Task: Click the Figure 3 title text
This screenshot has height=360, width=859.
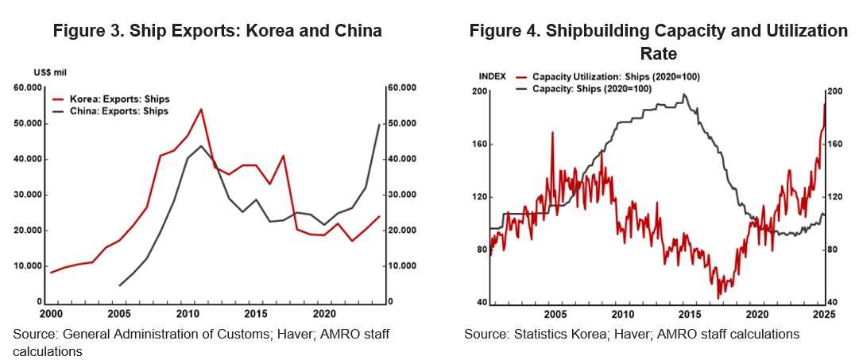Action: tap(217, 31)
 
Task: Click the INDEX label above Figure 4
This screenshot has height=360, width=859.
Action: tap(492, 75)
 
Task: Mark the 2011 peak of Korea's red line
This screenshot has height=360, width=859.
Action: tap(201, 109)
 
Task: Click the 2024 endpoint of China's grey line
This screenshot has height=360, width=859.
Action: tap(377, 125)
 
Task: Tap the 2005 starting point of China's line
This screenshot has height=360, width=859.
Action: tap(120, 285)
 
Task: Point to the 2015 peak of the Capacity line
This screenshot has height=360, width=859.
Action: tap(685, 95)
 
